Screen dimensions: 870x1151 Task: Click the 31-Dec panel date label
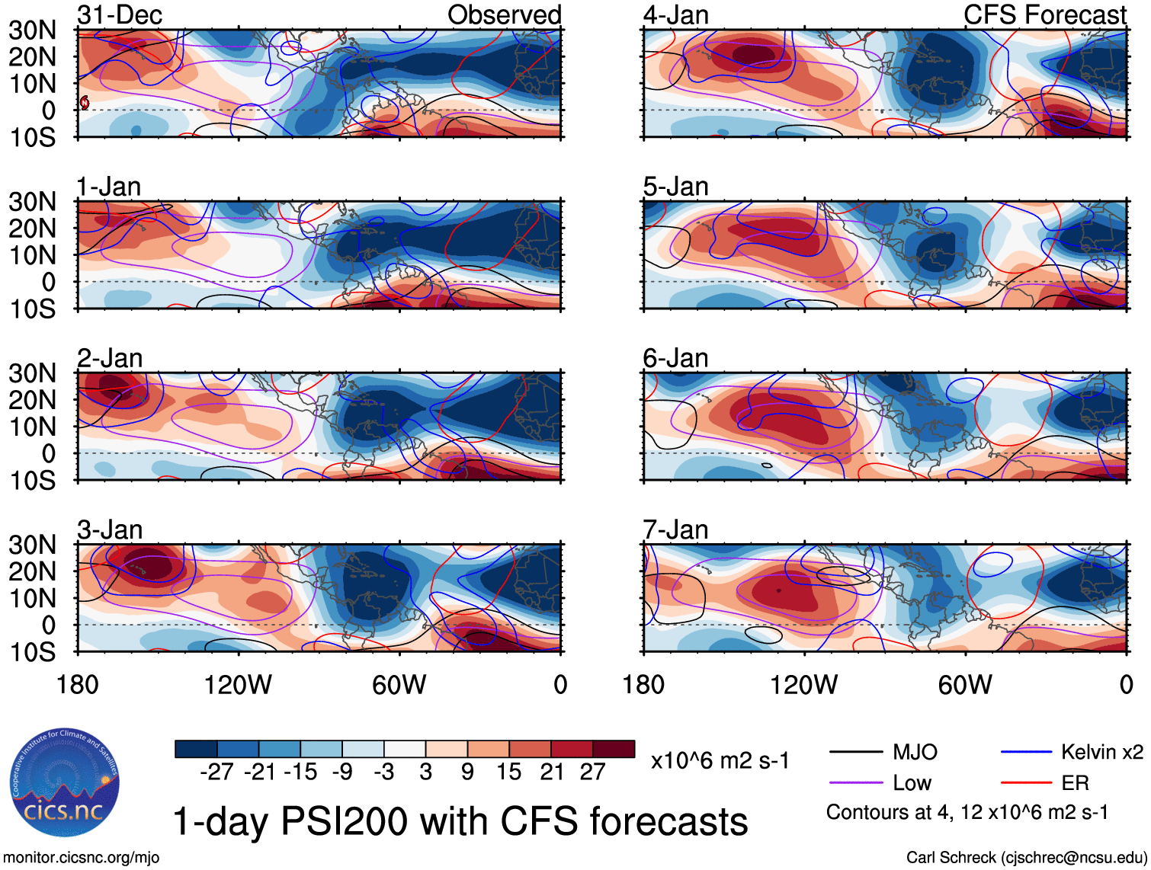tap(120, 14)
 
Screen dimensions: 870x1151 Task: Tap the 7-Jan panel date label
tap(675, 529)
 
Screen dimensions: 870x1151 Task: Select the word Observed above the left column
tap(504, 14)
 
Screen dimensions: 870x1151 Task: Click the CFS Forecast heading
tap(1044, 14)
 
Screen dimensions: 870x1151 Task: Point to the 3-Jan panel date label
tap(110, 529)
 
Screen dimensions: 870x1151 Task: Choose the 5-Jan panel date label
tap(675, 187)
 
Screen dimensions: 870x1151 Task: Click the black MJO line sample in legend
tap(855, 753)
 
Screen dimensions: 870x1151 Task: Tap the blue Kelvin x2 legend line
tap(1026, 753)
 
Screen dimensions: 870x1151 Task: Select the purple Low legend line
tap(855, 783)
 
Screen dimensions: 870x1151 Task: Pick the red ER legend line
tap(1026, 783)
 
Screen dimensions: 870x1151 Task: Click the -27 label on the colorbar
tap(216, 772)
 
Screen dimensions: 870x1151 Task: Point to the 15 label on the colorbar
tap(509, 772)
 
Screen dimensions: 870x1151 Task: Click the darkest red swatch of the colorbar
tap(614, 749)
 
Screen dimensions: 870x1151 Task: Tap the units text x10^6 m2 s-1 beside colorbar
tap(720, 761)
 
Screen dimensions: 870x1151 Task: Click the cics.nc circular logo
tap(65, 783)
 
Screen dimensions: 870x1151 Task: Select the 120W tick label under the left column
tap(238, 685)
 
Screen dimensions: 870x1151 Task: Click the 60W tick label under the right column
tap(965, 685)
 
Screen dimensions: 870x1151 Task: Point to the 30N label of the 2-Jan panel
tap(32, 373)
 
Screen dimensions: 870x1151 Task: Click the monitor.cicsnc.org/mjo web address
tap(82, 858)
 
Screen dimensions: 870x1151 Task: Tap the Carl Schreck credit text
tap(1026, 858)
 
